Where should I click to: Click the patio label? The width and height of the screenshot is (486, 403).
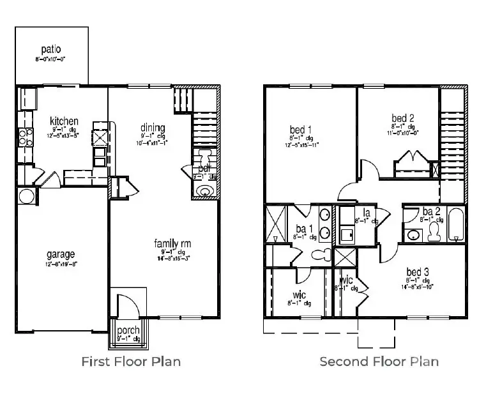50,49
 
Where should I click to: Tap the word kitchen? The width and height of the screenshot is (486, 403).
65,121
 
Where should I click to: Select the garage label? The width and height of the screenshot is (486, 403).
60,254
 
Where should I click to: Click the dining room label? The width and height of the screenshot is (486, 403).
153,127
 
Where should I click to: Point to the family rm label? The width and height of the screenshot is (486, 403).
172,243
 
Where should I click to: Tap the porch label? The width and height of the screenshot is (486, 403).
129,330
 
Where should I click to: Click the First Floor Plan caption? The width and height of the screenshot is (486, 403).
131,361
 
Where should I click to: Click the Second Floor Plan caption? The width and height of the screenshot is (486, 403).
379,361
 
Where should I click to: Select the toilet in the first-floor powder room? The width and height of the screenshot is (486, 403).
204,158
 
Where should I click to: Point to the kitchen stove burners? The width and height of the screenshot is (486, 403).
24,137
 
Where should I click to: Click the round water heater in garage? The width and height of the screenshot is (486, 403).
26,195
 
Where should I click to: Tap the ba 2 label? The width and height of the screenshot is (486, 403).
431,211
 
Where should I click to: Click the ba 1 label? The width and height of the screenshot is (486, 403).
301,229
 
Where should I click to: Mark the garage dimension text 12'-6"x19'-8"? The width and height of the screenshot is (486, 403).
60,264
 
